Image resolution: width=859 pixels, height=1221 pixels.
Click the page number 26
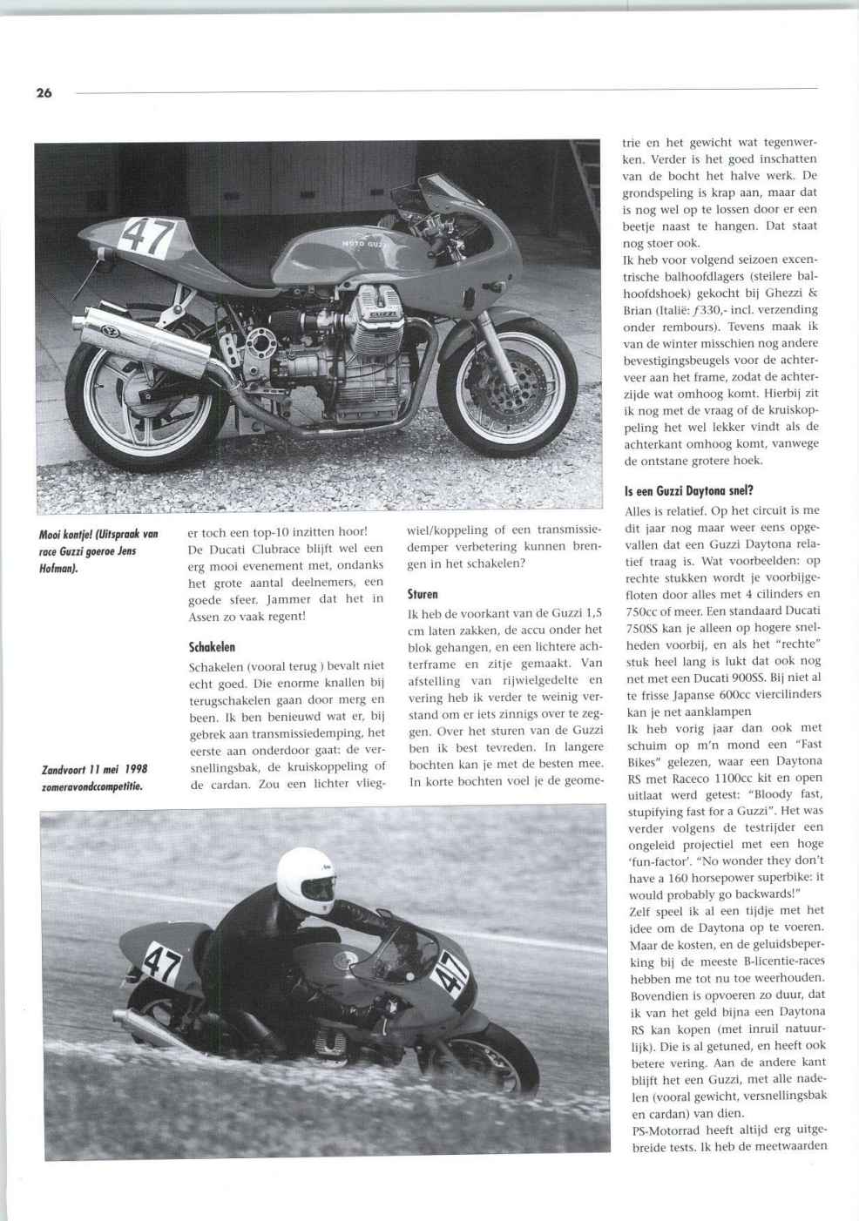44,93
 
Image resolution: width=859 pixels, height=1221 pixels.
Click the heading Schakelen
212,647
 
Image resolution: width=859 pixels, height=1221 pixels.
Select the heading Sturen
423,595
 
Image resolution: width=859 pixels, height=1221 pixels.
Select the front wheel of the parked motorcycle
499,381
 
